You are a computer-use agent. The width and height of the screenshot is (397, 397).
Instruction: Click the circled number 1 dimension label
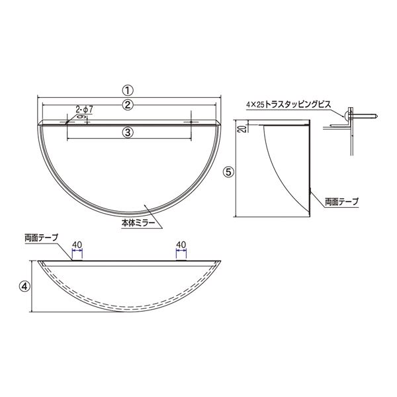pyautogui.click(x=128, y=91)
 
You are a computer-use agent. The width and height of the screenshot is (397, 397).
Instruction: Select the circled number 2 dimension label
pyautogui.click(x=128, y=105)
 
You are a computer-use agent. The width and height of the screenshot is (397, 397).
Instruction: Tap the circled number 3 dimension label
pyautogui.click(x=128, y=132)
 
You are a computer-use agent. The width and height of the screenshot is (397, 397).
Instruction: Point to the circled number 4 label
pyautogui.click(x=24, y=286)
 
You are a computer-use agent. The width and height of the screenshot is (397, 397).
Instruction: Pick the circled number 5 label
pyautogui.click(x=229, y=172)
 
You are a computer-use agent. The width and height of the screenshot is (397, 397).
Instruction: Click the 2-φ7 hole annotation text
pyautogui.click(x=84, y=110)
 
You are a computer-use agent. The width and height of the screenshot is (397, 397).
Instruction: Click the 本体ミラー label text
pyautogui.click(x=138, y=223)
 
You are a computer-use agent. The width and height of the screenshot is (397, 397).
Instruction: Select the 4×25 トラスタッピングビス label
pyautogui.click(x=288, y=105)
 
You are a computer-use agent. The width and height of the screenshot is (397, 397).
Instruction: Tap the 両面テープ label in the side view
pyautogui.click(x=342, y=202)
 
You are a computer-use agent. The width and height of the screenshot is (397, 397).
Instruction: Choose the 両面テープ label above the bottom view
pyautogui.click(x=42, y=238)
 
